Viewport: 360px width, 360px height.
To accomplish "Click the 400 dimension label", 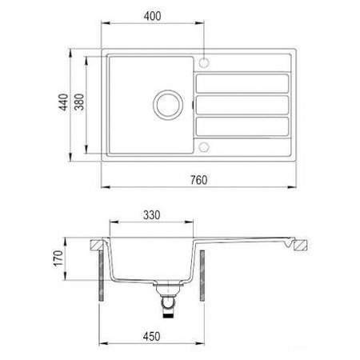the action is (152, 16).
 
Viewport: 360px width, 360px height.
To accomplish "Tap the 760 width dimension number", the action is (198, 180).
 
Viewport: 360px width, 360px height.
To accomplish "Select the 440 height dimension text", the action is (64, 102).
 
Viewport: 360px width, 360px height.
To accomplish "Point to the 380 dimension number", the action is (79, 102).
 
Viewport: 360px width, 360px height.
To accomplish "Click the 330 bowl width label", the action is (151, 215).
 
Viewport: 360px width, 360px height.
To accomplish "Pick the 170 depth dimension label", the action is (58, 258).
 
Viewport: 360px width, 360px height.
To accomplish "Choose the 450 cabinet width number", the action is (151, 337).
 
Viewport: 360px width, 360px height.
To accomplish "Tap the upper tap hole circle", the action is (204, 62).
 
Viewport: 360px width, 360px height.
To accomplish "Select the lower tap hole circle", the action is (204, 147).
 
